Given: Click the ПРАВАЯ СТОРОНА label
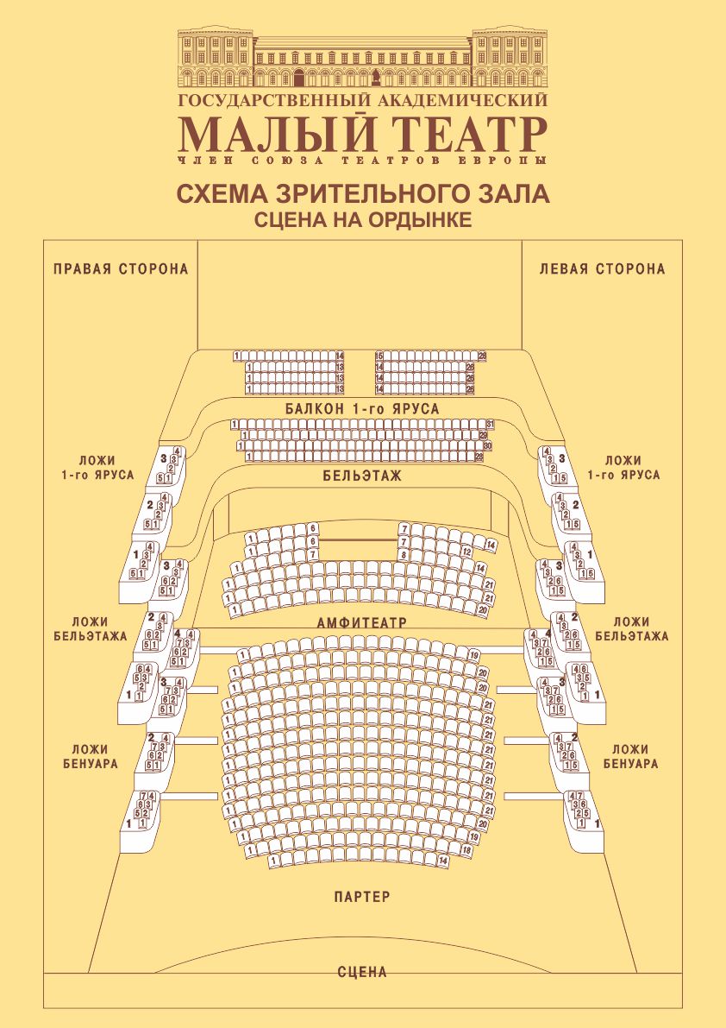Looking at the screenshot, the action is pos(121,268).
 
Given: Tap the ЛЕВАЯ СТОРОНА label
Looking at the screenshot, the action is pos(602,268).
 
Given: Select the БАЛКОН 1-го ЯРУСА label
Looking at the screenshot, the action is pos(362,408).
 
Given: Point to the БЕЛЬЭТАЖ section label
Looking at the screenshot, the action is pos(362,476).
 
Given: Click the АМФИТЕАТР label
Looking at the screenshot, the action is pos(362,621).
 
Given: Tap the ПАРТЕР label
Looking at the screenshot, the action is pos(362,897).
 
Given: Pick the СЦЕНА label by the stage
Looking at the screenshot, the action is pos(362,972).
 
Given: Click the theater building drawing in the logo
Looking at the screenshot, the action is pos(362,58).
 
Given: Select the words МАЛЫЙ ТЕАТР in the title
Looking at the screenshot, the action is pos(362,134).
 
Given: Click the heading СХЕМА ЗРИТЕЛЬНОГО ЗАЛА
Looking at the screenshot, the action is pos(362,193).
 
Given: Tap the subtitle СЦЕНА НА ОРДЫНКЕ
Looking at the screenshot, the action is pos(362,219).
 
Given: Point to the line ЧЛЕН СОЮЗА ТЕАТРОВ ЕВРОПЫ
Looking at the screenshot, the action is pos(362,161).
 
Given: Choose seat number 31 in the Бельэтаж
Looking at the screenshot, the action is pos(490,424).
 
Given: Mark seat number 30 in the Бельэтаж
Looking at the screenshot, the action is pos(487,446).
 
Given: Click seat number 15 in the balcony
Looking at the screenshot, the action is pos(379,356).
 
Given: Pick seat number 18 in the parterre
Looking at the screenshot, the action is pos(466,849).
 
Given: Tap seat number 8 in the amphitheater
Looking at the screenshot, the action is pos(404,553).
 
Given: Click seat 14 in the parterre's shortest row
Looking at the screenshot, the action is pos(443,861).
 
